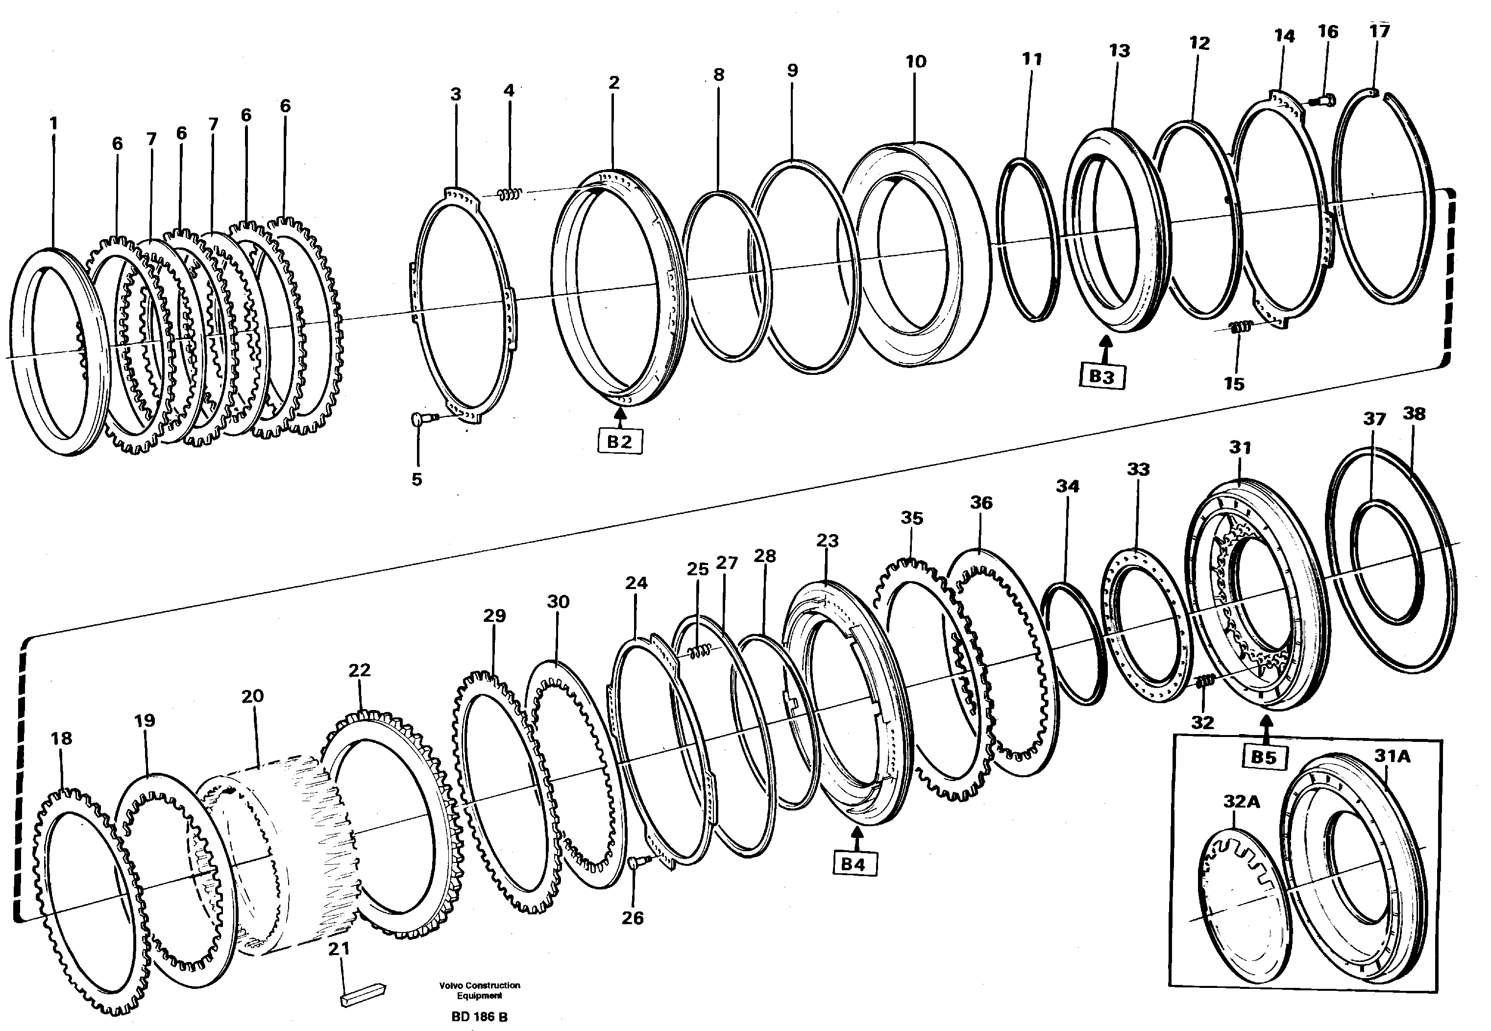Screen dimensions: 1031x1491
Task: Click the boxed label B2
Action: pos(619,442)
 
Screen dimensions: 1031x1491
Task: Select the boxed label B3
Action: pos(1101,377)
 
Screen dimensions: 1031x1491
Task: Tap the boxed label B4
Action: pos(853,864)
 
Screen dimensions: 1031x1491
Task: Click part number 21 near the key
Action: pos(339,949)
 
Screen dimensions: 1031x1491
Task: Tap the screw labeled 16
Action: pos(1321,100)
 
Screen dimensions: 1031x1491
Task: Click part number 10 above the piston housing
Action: pos(915,62)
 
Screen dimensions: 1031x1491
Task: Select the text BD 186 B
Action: pos(479,1017)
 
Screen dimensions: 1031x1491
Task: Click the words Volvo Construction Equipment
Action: pos(479,990)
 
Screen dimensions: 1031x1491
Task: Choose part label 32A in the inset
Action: pos(1241,802)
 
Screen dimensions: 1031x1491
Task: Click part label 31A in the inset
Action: pos(1391,755)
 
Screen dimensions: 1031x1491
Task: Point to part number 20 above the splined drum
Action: pos(252,696)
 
